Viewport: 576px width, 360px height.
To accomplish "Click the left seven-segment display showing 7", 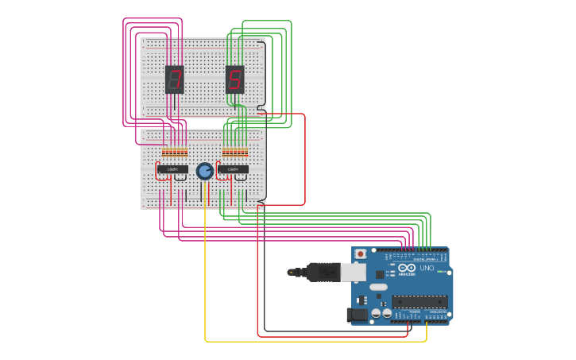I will [x=174, y=79].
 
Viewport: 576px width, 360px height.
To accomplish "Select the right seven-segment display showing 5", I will [x=234, y=79].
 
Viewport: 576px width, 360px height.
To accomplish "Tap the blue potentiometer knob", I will [x=204, y=171].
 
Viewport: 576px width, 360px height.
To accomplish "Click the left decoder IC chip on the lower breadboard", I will [x=172, y=169].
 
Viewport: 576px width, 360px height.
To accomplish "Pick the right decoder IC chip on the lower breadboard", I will [x=233, y=169].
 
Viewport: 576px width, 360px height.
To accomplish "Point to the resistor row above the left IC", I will [x=175, y=152].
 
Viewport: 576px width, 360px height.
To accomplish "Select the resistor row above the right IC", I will [x=235, y=152].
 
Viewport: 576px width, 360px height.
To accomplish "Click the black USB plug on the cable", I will [x=323, y=272].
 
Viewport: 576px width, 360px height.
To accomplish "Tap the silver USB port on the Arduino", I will [x=353, y=272].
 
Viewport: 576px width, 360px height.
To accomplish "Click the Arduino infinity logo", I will [x=407, y=268].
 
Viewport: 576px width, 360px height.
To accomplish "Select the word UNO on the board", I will [x=427, y=268].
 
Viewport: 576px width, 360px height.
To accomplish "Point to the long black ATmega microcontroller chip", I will [x=419, y=301].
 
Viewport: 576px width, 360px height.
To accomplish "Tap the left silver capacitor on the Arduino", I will [x=375, y=314].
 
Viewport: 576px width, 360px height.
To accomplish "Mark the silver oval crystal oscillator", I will [x=378, y=287].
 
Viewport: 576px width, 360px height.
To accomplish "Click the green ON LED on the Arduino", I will [x=439, y=272].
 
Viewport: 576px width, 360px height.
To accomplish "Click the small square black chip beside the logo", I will [x=380, y=274].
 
